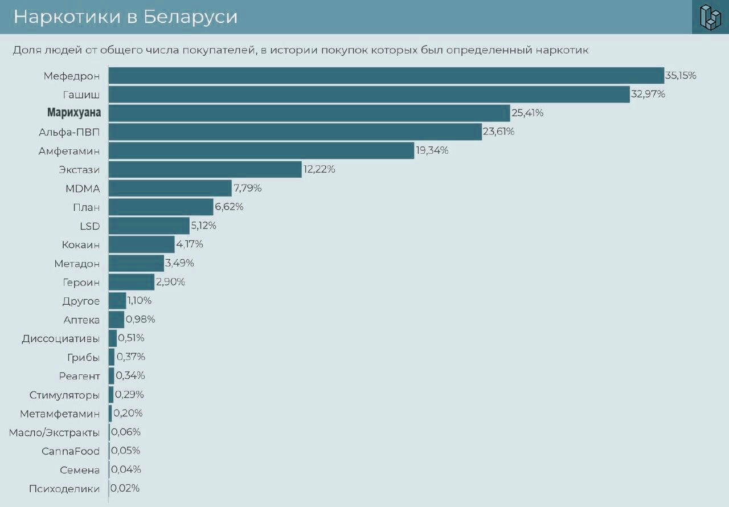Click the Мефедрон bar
(386, 76)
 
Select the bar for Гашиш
(369, 95)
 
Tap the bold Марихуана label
(74, 113)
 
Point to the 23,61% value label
(498, 132)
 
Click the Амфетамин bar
(261, 150)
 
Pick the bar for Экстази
(205, 169)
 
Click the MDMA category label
(83, 189)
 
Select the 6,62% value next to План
(229, 207)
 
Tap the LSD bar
(149, 226)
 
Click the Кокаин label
(81, 245)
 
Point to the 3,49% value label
(179, 263)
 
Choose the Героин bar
(132, 282)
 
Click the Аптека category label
(81, 320)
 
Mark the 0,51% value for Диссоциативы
(131, 338)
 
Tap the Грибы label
(83, 357)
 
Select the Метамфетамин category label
(60, 414)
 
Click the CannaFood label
(71, 451)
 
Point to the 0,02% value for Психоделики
(125, 488)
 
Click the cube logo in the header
(710, 17)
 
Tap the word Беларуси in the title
(190, 17)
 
